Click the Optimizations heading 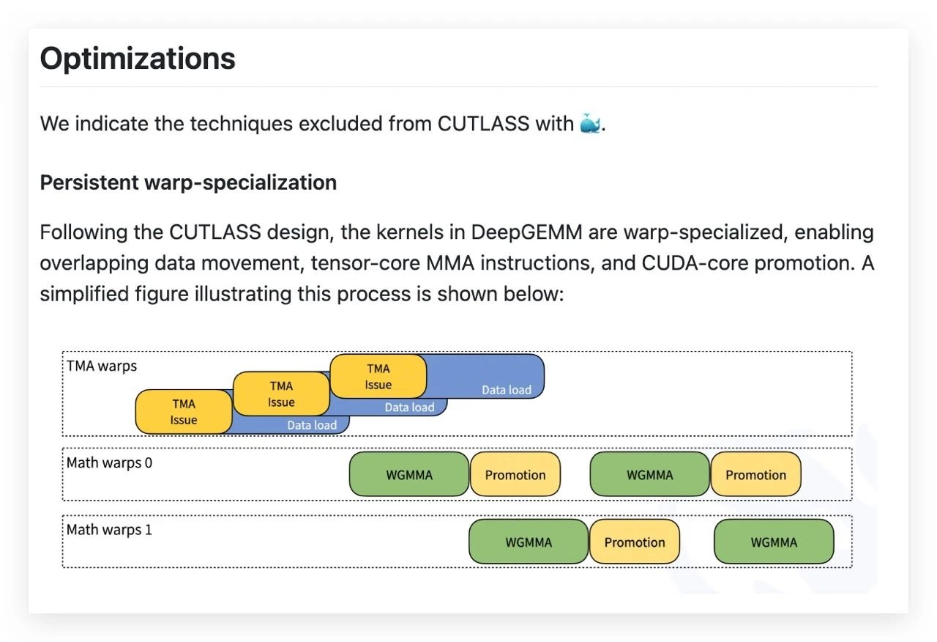pyautogui.click(x=138, y=58)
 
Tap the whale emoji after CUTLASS pyautogui.click(x=590, y=123)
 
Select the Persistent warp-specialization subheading pyautogui.click(x=188, y=182)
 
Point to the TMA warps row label pyautogui.click(x=102, y=366)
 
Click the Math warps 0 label pyautogui.click(x=110, y=462)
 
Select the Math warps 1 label pyautogui.click(x=110, y=529)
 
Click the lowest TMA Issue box pyautogui.click(x=184, y=412)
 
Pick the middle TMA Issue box pyautogui.click(x=281, y=394)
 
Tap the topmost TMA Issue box pyautogui.click(x=378, y=377)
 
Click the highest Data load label pyautogui.click(x=507, y=390)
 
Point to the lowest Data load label pyautogui.click(x=312, y=425)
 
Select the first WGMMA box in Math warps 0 pyautogui.click(x=409, y=475)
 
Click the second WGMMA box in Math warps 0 pyautogui.click(x=649, y=475)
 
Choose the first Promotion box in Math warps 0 pyautogui.click(x=515, y=475)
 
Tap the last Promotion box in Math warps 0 pyautogui.click(x=755, y=475)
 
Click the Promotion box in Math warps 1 pyautogui.click(x=635, y=542)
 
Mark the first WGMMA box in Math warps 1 pyautogui.click(x=529, y=542)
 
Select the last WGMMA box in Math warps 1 pyautogui.click(x=774, y=542)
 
